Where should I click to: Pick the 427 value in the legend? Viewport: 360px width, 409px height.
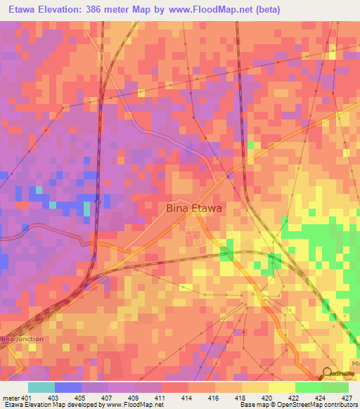point(347,397)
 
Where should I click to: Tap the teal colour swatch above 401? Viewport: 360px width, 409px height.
point(41,387)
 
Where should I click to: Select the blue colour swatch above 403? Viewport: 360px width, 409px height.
point(67,387)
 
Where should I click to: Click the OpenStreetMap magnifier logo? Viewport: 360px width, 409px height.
point(327,375)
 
